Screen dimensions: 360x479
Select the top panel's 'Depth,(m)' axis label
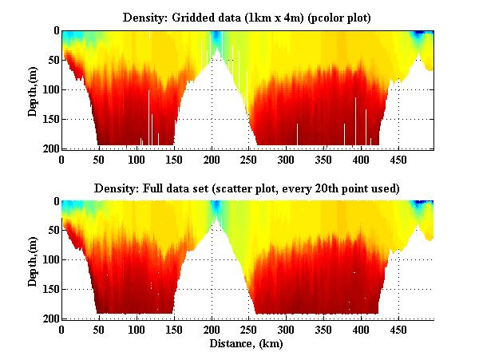pos(33,89)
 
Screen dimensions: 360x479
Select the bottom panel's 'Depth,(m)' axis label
pos(33,260)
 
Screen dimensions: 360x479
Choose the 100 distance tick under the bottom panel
pos(137,330)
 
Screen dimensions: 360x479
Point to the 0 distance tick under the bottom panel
pos(62,330)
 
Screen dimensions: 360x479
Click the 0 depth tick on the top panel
pos(54,30)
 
